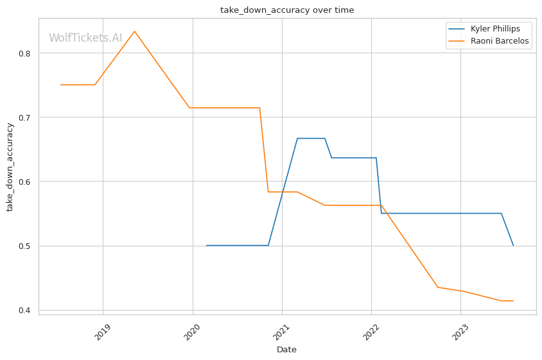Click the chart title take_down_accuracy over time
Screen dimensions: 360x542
pos(287,10)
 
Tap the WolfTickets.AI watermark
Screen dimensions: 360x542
pos(85,38)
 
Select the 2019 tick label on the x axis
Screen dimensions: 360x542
pos(102,331)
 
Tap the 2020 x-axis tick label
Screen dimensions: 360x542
pos(191,331)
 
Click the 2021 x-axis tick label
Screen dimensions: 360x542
pos(281,331)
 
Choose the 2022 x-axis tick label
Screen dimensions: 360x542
pos(370,331)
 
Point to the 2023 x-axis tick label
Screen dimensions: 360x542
pos(459,331)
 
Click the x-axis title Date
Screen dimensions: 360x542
pos(286,350)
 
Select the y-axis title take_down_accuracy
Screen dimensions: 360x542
pos(10,166)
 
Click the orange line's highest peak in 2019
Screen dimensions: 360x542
pos(134,31)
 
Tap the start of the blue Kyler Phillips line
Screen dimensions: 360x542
pos(206,245)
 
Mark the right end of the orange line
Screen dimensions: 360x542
pos(513,300)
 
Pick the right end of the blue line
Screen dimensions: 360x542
pos(513,245)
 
